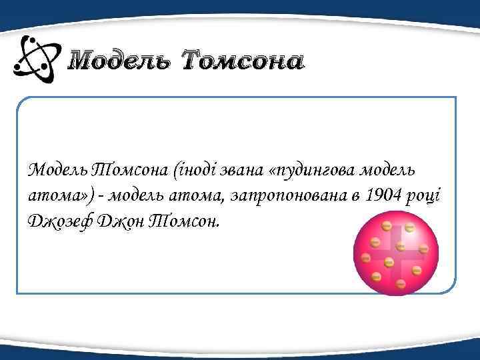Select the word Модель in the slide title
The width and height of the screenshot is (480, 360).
point(121,63)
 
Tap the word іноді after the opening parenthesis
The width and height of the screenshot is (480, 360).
point(191,171)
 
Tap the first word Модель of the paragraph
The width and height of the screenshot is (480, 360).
point(56,171)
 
